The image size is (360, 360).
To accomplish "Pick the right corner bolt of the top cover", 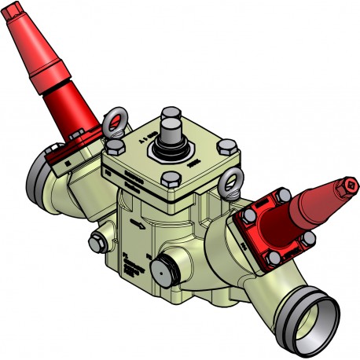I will click(226, 145).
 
